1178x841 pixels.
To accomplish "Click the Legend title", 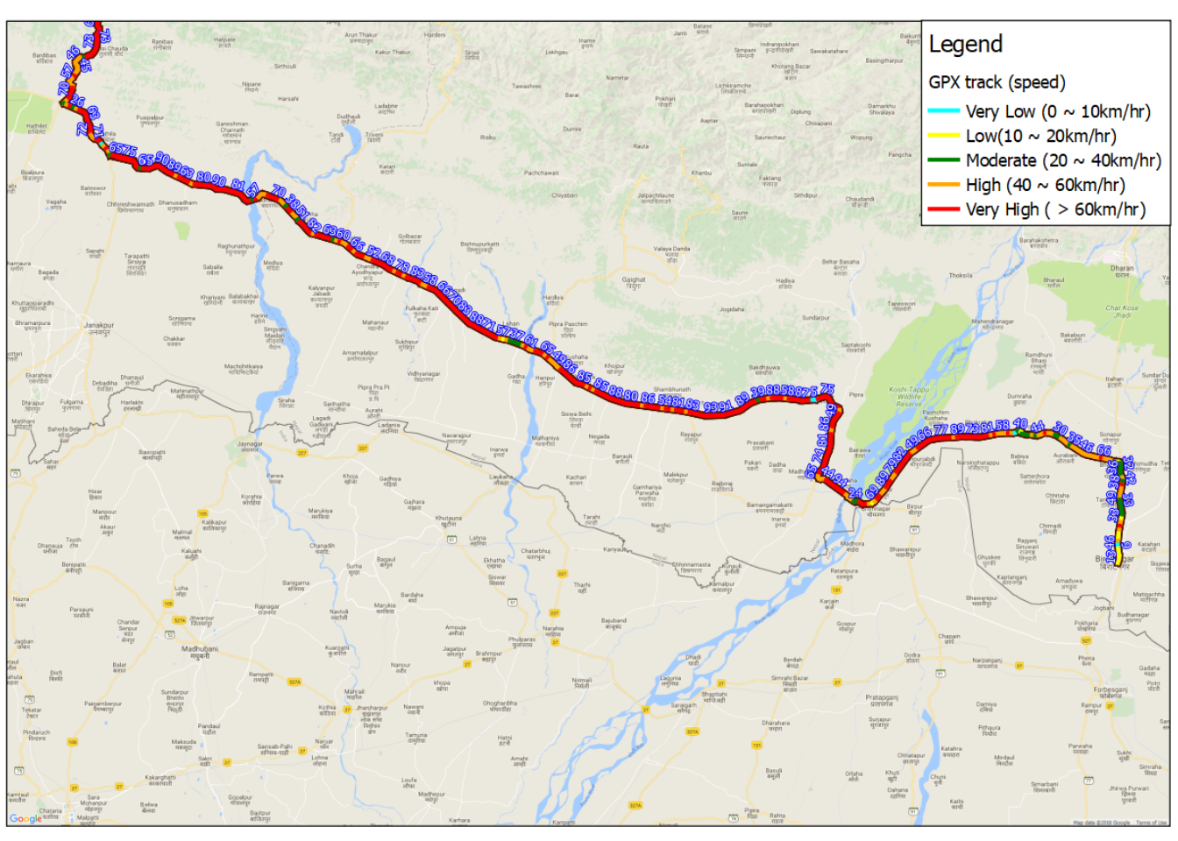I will pos(965,45).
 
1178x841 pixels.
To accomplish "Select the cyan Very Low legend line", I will pos(944,111).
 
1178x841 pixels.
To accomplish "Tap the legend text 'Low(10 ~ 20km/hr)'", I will pos(1040,136).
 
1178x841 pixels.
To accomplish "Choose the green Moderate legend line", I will pos(944,160).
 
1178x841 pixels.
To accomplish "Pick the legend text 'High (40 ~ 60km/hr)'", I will pos(1045,185).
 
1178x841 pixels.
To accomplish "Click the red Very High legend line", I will pos(944,209).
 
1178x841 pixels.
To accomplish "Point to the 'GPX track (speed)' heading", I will pos(997,82).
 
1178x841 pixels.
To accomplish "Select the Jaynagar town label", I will pos(250,445).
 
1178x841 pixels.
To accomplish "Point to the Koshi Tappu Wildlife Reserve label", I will pos(909,396).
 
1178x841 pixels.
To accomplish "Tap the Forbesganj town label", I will pos(1111,691).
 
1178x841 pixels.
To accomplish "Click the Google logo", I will pos(25,818).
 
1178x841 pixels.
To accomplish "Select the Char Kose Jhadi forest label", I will pos(1122,311).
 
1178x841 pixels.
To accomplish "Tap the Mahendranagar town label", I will pos(992,322).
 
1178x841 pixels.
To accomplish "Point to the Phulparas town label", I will pos(522,641).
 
